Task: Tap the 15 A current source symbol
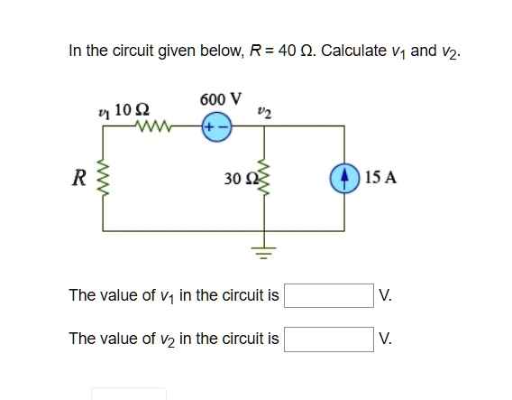346,178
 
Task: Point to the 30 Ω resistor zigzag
264,178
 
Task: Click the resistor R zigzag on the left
102,178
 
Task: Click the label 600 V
220,98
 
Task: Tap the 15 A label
381,178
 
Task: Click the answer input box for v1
328,295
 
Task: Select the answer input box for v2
328,339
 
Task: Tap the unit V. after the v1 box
386,295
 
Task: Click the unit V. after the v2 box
386,339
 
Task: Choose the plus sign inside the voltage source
210,128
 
